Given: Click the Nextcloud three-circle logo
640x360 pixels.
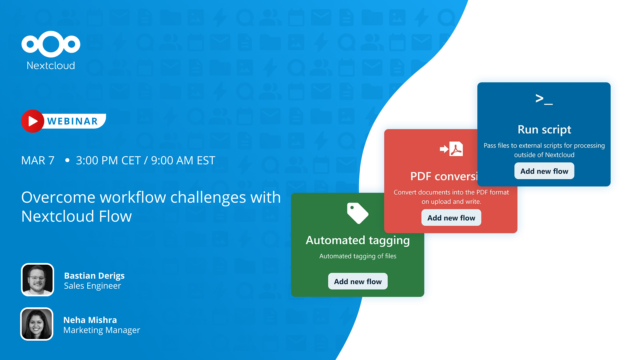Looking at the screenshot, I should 51,44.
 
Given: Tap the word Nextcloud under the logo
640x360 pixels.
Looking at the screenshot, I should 51,65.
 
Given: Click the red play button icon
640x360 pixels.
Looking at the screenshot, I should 33,121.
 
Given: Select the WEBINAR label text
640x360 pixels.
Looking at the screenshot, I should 73,121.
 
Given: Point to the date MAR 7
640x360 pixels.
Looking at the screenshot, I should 38,161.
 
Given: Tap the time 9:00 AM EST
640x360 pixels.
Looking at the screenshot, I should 183,161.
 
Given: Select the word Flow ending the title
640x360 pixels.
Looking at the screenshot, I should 115,216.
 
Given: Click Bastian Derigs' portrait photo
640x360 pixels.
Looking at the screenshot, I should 38,280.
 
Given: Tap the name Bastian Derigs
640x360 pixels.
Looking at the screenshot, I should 94,276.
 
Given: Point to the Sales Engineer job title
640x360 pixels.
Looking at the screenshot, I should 92,286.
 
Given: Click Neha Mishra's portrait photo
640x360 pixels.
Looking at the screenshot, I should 37,324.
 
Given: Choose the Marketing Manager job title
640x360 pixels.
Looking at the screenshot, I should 102,330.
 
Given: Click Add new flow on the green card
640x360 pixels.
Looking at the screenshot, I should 358,282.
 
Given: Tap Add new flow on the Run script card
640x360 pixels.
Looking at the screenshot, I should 544,171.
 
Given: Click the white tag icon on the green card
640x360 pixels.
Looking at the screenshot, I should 357,213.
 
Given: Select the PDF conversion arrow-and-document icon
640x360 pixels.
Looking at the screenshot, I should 451,149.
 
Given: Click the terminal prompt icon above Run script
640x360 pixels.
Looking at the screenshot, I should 544,99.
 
